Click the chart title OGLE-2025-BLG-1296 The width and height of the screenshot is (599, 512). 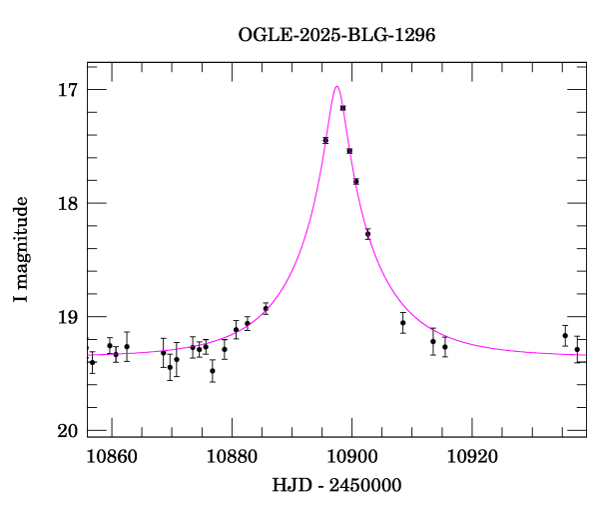click(336, 34)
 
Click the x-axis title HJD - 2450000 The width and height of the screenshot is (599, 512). click(337, 485)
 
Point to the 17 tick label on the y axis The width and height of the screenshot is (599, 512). click(67, 90)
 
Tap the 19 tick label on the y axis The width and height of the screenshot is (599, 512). click(67, 318)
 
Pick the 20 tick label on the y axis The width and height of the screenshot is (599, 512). click(67, 431)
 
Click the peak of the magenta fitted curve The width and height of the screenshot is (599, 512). click(337, 86)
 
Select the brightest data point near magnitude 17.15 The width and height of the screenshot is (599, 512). click(343, 108)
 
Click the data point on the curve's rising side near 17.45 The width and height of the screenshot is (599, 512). click(325, 141)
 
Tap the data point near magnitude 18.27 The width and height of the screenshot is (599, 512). click(367, 234)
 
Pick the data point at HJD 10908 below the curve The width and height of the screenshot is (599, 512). click(402, 323)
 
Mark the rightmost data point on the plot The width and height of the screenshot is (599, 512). click(577, 350)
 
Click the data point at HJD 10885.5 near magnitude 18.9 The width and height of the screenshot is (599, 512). click(266, 309)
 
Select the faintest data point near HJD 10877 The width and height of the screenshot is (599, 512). click(213, 371)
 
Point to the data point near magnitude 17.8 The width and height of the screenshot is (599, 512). click(356, 181)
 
